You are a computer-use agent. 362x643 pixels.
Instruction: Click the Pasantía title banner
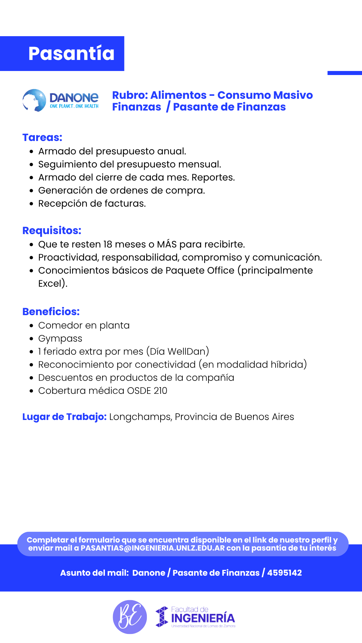(x=71, y=54)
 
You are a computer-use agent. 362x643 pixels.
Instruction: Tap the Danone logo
(x=61, y=100)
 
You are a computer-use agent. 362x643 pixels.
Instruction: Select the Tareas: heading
(x=42, y=137)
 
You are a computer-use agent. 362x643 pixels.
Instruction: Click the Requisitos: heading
(x=52, y=230)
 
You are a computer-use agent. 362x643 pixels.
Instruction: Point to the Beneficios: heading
(x=51, y=311)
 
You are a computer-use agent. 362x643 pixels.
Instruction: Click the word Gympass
(x=60, y=339)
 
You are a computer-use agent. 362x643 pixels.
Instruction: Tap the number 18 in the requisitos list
(x=108, y=244)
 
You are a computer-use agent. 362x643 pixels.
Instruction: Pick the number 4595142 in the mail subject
(x=284, y=573)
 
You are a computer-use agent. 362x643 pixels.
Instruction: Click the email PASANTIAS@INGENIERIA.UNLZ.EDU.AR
(x=153, y=548)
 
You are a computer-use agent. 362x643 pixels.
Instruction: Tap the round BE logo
(x=130, y=617)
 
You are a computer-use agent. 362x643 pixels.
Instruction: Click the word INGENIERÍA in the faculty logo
(x=203, y=618)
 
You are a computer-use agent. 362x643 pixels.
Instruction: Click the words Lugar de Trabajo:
(x=64, y=417)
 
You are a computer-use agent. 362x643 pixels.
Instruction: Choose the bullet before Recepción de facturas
(x=31, y=204)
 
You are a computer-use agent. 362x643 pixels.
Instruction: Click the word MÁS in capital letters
(x=167, y=244)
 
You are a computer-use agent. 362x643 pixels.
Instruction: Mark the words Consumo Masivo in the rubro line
(x=265, y=95)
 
